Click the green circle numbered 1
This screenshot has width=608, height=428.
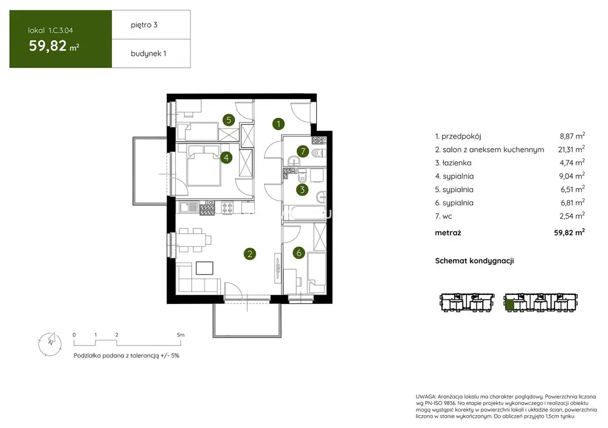click(278, 124)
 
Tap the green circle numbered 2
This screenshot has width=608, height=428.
click(250, 254)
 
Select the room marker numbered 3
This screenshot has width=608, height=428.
click(302, 190)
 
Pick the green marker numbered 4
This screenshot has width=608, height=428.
click(226, 157)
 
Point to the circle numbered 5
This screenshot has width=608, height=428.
click(229, 120)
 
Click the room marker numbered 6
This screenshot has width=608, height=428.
click(299, 253)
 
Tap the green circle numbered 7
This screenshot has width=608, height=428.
click(303, 151)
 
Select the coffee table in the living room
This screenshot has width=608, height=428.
click(204, 268)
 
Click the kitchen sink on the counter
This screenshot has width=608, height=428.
click(189, 207)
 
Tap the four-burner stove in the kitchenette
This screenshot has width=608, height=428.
click(227, 208)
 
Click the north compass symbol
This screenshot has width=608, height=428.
click(50, 344)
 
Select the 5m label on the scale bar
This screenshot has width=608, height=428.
click(181, 334)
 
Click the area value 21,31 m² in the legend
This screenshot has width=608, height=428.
click(572, 150)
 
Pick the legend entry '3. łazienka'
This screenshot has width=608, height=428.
click(454, 163)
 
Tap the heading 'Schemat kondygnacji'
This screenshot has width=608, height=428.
click(474, 261)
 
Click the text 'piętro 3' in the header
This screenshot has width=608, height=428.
click(144, 25)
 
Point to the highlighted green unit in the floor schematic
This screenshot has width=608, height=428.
click(510, 305)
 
